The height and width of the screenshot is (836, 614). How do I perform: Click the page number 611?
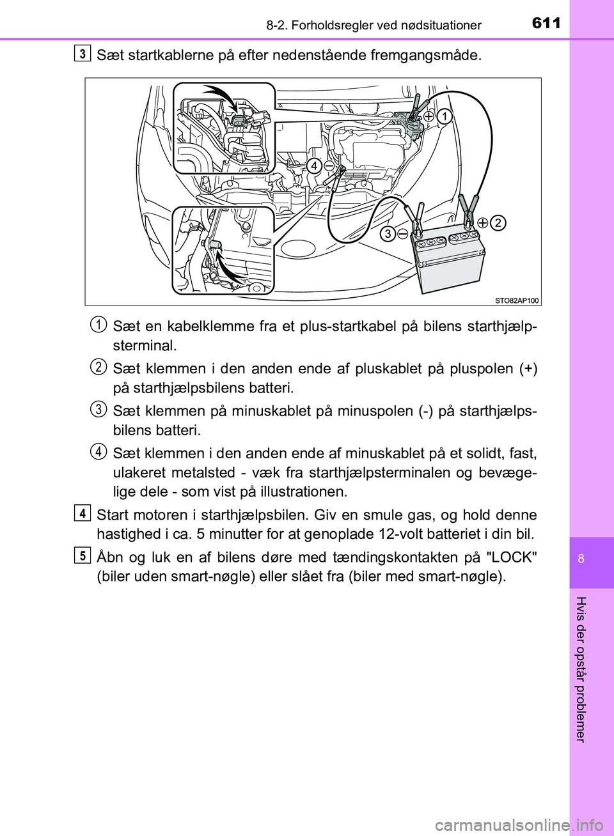545,24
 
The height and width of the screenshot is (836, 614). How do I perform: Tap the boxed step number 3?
81,54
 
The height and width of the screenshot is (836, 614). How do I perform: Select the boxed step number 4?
81,513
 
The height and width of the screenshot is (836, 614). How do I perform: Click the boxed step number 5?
81,555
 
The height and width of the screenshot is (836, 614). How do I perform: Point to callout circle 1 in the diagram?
445,116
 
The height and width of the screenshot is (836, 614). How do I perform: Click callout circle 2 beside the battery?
499,222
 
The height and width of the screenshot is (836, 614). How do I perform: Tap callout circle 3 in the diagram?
388,234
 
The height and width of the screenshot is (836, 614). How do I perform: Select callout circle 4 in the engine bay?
313,166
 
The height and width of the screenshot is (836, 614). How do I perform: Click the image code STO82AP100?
517,300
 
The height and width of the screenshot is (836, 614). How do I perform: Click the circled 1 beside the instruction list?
98,325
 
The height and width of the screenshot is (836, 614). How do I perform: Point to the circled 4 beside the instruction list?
98,452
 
